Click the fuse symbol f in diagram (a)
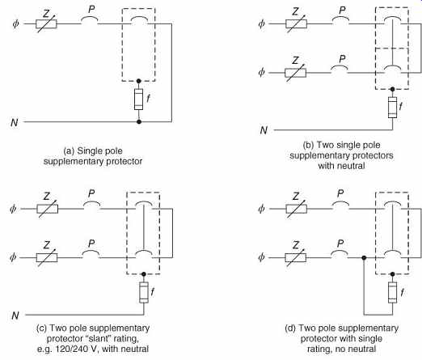click(138, 99)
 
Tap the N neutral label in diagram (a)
click(15, 122)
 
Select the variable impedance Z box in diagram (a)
click(46, 24)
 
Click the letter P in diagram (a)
click(91, 10)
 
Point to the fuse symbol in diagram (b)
click(392, 107)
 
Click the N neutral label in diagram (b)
click(264, 130)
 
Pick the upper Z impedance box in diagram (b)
click(296, 24)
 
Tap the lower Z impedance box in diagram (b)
click(295, 73)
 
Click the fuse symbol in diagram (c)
click(144, 292)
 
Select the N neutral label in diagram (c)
click(15, 316)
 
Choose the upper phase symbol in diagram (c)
click(13, 209)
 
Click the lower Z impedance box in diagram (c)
click(47, 257)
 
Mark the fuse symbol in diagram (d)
click(392, 292)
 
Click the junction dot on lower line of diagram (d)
click(364, 258)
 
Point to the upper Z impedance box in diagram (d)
click(296, 209)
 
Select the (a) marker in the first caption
click(69, 151)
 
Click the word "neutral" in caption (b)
click(351, 166)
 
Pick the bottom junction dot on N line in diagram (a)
click(139, 122)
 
